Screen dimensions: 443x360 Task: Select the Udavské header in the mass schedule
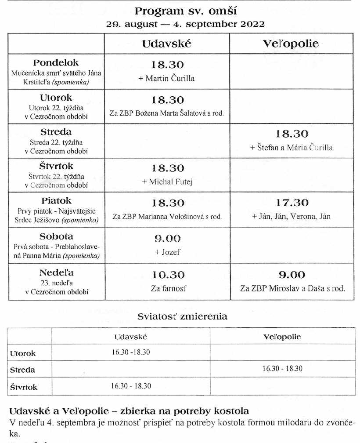[x=166, y=44]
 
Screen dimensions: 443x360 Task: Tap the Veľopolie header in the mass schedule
[x=290, y=44]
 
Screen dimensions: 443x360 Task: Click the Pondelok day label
[x=56, y=63]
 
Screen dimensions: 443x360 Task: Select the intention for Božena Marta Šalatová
[x=166, y=113]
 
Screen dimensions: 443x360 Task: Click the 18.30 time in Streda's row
[x=292, y=134]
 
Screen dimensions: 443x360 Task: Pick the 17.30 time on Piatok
[x=292, y=203]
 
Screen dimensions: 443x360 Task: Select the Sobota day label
[x=56, y=236]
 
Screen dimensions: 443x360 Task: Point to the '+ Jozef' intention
[x=167, y=252]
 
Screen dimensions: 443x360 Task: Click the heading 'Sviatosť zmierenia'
[x=182, y=316]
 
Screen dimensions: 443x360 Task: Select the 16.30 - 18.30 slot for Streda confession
[x=282, y=368]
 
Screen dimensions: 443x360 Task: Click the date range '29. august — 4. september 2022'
[x=185, y=24]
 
